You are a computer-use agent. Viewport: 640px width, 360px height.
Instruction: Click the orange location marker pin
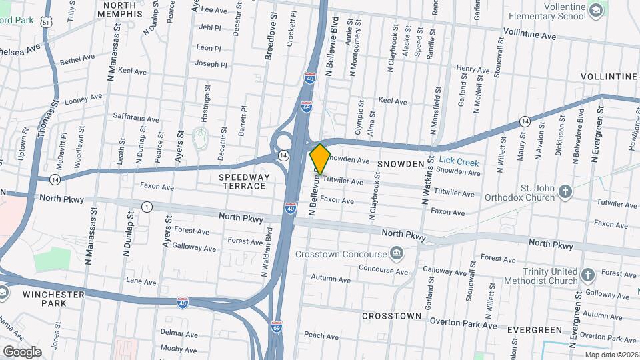click(x=320, y=159)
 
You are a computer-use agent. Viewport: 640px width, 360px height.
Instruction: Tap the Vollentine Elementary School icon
click(x=595, y=10)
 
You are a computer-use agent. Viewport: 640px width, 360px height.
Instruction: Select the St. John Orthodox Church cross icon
click(x=565, y=193)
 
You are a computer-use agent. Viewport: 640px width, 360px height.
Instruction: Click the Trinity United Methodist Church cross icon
click(x=587, y=275)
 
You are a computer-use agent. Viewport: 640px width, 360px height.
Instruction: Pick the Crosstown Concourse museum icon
click(x=397, y=253)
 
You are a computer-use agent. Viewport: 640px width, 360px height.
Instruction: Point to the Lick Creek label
click(x=459, y=162)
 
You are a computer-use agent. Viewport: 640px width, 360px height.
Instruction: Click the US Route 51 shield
click(x=45, y=22)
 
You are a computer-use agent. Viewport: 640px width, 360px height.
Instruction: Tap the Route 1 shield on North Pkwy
click(x=146, y=207)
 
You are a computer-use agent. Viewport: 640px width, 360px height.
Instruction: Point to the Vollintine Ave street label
click(x=529, y=35)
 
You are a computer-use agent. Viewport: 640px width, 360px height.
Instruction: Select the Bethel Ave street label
click(x=77, y=59)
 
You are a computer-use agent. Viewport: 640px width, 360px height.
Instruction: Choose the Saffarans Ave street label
click(x=135, y=117)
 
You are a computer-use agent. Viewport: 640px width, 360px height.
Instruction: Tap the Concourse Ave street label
click(x=383, y=271)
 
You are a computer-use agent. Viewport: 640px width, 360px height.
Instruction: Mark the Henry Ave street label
click(x=473, y=69)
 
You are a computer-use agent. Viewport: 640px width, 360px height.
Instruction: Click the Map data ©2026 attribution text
click(x=611, y=354)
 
